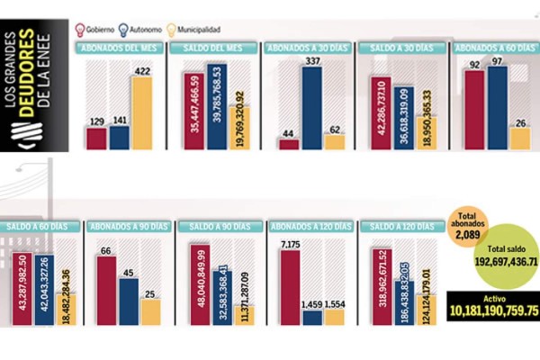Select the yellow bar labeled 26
520,138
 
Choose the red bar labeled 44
289,144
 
